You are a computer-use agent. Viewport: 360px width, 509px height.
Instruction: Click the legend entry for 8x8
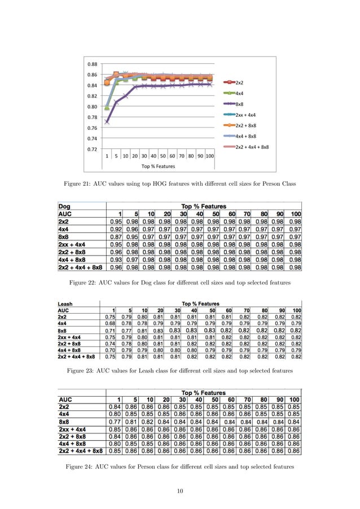tap(239, 104)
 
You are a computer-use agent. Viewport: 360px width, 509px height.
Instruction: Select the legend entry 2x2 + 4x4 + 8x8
tap(252, 147)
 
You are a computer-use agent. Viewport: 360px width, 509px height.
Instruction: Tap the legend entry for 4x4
tap(239, 93)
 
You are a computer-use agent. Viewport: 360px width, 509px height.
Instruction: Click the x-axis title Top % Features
tap(158, 166)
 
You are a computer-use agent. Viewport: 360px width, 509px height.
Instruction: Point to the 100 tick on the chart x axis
tap(209, 156)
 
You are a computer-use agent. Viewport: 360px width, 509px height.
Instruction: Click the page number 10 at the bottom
tap(180, 491)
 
